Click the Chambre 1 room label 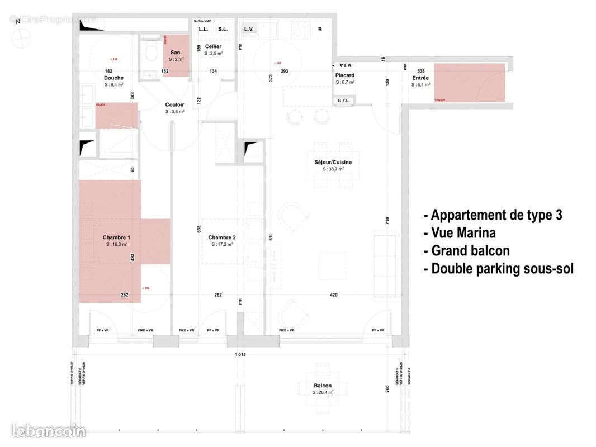[116, 237]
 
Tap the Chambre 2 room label [222, 237]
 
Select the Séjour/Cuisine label [333, 162]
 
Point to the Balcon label [323, 386]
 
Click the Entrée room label [420, 78]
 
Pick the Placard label [345, 75]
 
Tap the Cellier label [213, 46]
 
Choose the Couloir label [174, 104]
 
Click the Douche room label [113, 78]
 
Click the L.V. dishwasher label [248, 29]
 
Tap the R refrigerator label [320, 29]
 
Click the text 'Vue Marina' [463, 233]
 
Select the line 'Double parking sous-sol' [499, 269]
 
